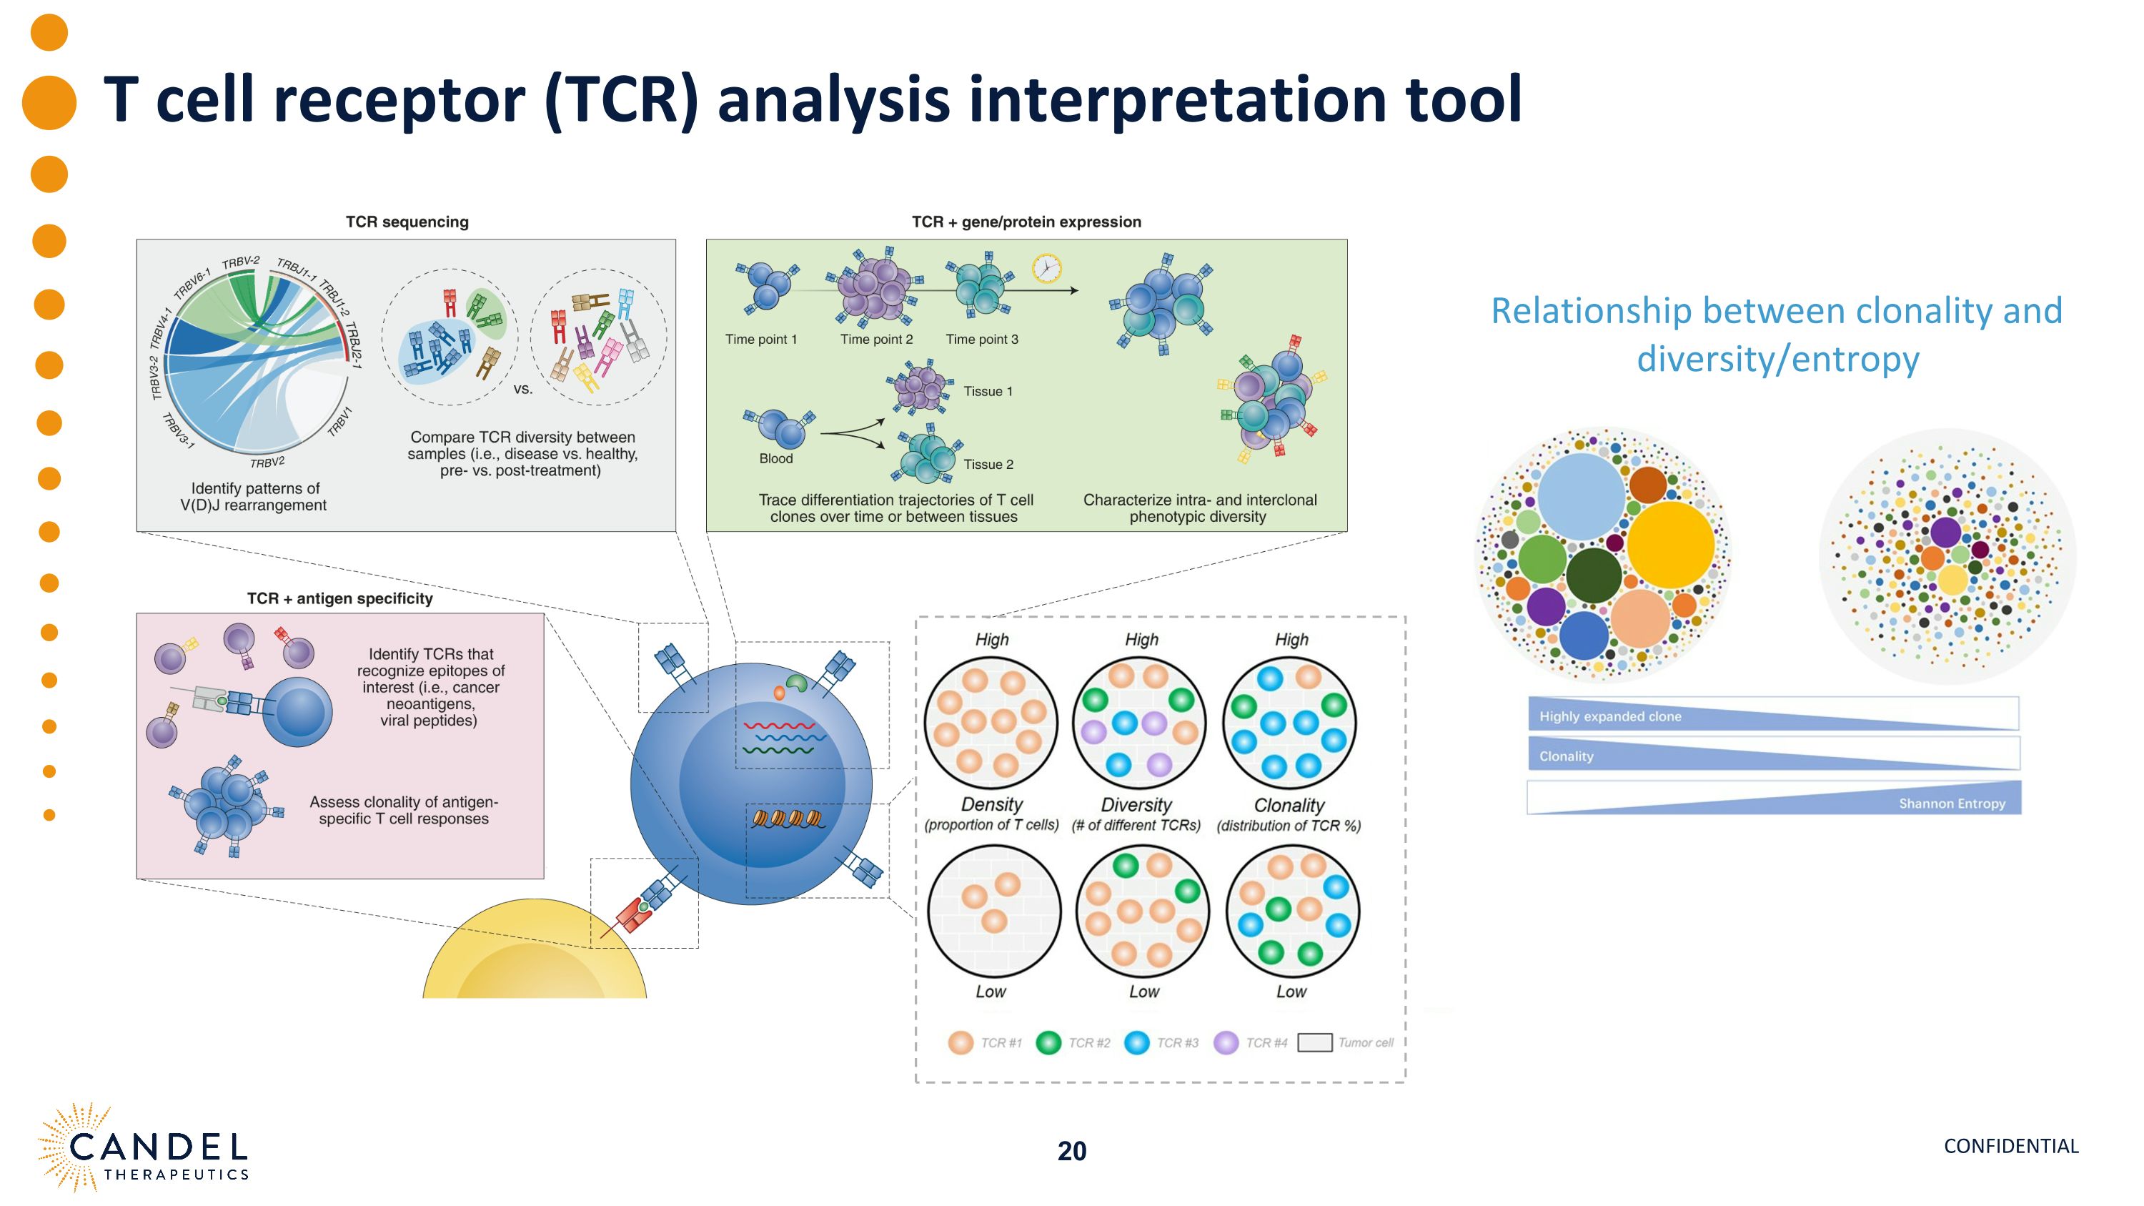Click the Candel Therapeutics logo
tap(143, 1150)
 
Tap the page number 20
tap(1071, 1151)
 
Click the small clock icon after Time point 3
tap(1046, 269)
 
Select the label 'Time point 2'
tap(875, 340)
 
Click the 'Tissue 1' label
tap(988, 391)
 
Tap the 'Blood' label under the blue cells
tap(775, 459)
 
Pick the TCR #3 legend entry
tap(1162, 1043)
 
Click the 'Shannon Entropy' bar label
tap(1951, 804)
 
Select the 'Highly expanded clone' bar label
tap(1609, 716)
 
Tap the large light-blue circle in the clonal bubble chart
tap(1581, 496)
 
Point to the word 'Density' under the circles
tap(991, 804)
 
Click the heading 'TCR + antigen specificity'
tap(339, 598)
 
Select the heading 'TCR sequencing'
tap(407, 222)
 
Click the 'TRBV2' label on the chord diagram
tap(267, 462)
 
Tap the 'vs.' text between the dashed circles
tap(522, 389)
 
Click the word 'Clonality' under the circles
tap(1289, 805)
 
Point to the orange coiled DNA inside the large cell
tap(788, 819)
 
